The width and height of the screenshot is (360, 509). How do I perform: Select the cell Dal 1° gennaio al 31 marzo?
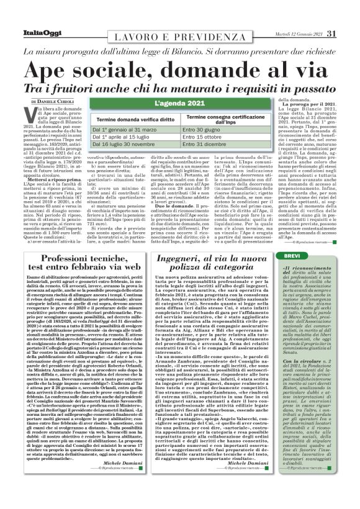(124, 130)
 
